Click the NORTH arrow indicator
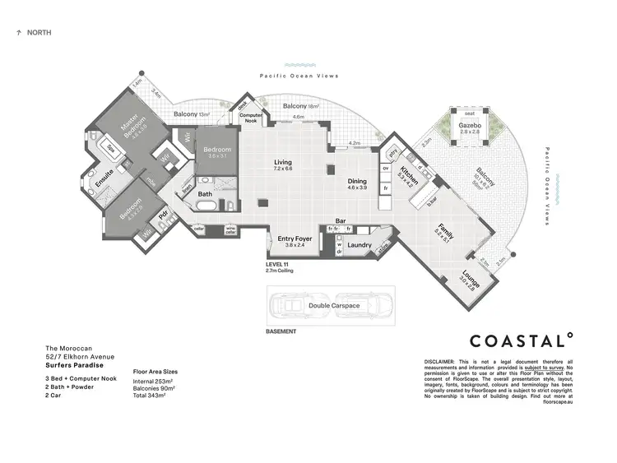pyautogui.click(x=18, y=33)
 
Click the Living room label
pyautogui.click(x=283, y=163)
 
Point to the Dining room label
pyautogui.click(x=356, y=181)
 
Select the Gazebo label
pyautogui.click(x=470, y=126)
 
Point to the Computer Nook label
pyautogui.click(x=251, y=118)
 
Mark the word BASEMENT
pyautogui.click(x=281, y=331)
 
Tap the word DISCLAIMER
pyautogui.click(x=443, y=361)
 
